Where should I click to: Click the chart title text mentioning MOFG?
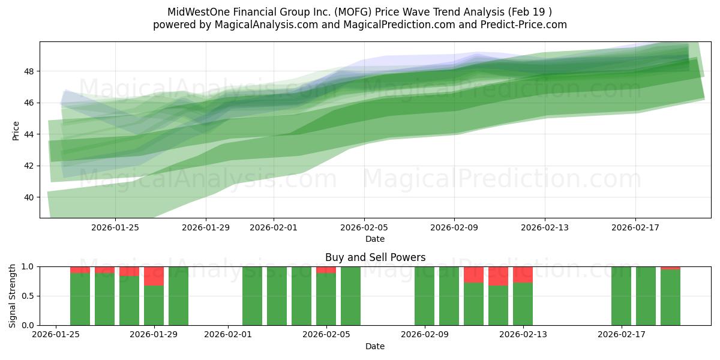coord(359,11)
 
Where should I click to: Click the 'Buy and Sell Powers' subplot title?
coord(375,257)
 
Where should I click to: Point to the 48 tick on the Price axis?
coord(29,71)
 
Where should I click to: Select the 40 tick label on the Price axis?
coord(29,197)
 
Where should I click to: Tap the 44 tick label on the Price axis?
coord(29,134)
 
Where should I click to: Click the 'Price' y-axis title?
coord(16,130)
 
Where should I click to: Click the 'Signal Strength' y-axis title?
coord(13,296)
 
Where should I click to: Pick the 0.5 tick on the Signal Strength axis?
coord(26,296)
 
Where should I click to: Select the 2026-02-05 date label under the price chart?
coord(364,227)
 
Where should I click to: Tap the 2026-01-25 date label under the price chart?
coord(115,227)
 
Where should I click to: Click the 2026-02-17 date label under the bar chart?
coord(621,335)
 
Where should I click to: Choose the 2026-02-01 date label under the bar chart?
coord(228,335)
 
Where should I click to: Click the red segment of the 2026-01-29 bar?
coord(154,276)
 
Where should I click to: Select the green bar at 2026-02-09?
coord(424,296)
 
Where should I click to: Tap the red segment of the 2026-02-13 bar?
coord(523,275)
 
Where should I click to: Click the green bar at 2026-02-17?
coord(621,296)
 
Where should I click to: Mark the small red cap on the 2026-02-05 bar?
coord(326,270)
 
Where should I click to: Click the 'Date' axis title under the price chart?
coord(375,239)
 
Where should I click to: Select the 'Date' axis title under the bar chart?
coord(375,346)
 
